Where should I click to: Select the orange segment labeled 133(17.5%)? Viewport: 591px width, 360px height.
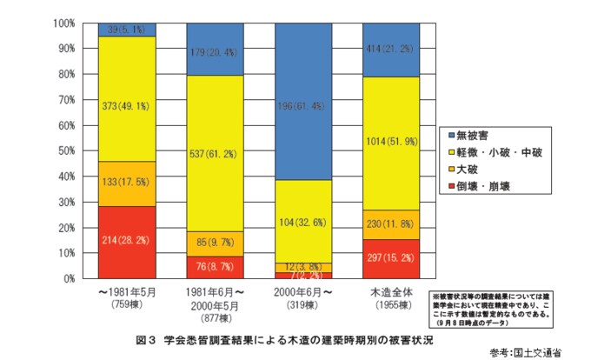pos(127,183)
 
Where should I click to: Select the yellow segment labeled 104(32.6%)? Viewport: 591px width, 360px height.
pos(303,222)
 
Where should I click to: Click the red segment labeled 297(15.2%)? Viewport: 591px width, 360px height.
pos(392,259)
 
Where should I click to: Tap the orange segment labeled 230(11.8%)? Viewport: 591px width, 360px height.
pos(392,224)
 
